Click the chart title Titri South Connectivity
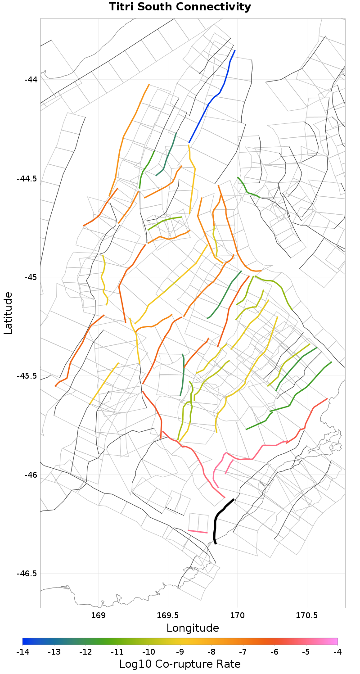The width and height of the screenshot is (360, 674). (180, 7)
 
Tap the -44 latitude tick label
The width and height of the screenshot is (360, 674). (31, 80)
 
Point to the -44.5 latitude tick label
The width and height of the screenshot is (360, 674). (27, 178)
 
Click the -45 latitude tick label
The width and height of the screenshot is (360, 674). (31, 277)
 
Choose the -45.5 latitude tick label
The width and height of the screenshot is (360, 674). (27, 376)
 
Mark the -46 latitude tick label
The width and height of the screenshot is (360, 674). (31, 475)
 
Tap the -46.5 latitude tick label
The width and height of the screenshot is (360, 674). (27, 574)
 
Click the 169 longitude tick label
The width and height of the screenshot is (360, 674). (98, 615)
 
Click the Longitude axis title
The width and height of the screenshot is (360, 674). (193, 628)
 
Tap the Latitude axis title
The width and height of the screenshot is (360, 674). (8, 313)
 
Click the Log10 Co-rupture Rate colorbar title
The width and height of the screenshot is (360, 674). (180, 664)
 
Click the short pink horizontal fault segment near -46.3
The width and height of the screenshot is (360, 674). (198, 532)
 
